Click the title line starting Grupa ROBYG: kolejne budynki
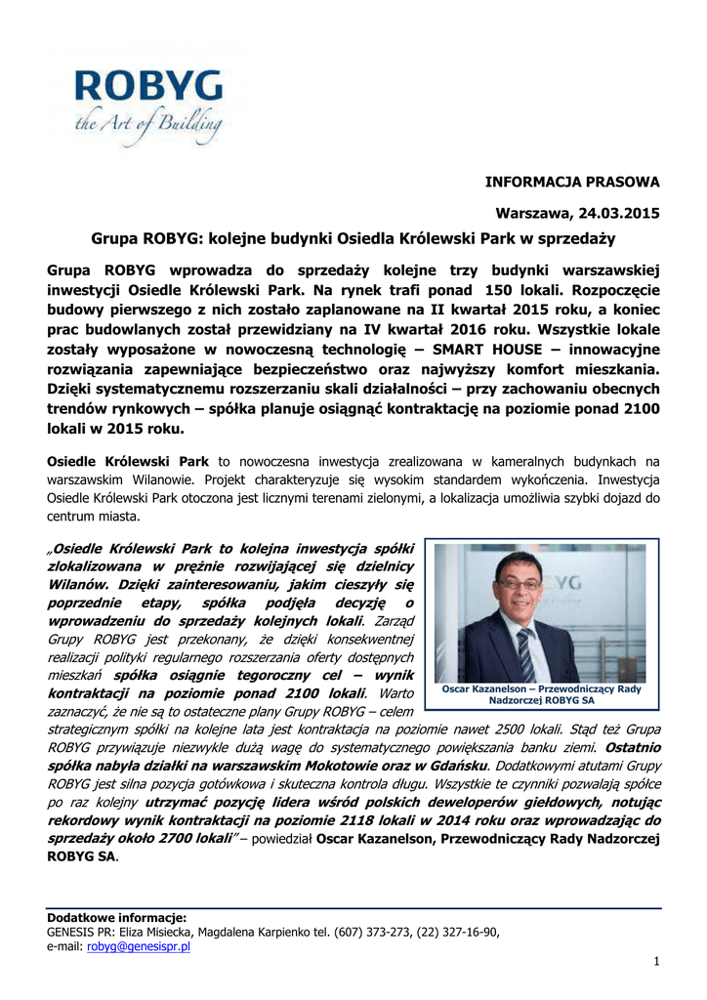tap(353, 237)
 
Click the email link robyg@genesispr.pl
tap(139, 946)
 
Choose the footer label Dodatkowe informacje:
tap(116, 918)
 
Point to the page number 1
tap(657, 962)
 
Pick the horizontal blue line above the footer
tap(353, 908)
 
